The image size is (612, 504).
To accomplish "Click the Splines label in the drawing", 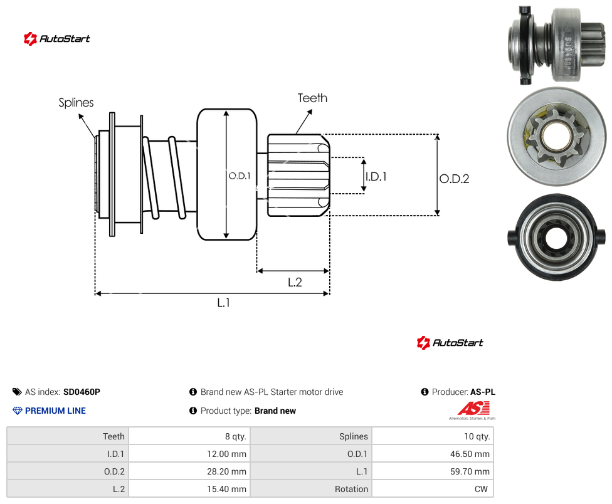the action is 76,103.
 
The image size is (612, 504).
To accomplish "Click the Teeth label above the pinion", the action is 313,98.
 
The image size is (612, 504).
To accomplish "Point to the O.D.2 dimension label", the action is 455,179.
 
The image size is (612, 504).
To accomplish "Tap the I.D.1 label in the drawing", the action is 376,177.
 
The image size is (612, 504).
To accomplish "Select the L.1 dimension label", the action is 224,303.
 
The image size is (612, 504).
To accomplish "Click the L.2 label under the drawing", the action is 295,282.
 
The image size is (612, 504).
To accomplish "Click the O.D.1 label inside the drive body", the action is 240,176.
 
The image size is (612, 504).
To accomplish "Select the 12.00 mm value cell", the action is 227,454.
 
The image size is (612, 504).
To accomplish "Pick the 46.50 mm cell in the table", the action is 470,454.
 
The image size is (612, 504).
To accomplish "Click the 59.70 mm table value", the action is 470,471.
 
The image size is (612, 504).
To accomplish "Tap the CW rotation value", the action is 481,489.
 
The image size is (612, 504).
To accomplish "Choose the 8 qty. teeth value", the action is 236,436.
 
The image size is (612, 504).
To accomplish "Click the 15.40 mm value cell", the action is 227,489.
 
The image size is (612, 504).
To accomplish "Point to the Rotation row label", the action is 351,489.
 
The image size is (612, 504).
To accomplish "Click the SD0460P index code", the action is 82,392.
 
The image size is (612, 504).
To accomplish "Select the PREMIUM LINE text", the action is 55,411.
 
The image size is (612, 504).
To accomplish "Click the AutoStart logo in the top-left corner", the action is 57,39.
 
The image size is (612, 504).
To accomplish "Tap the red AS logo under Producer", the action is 473,409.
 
